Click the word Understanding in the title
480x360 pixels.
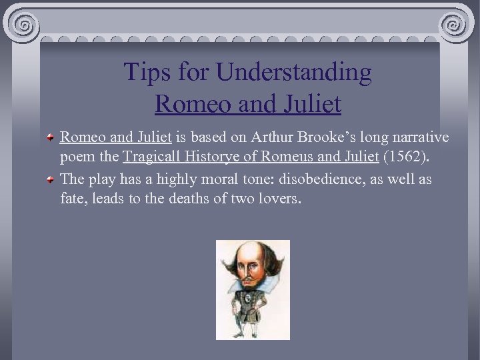coord(298,73)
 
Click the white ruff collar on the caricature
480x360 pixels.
coord(252,285)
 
